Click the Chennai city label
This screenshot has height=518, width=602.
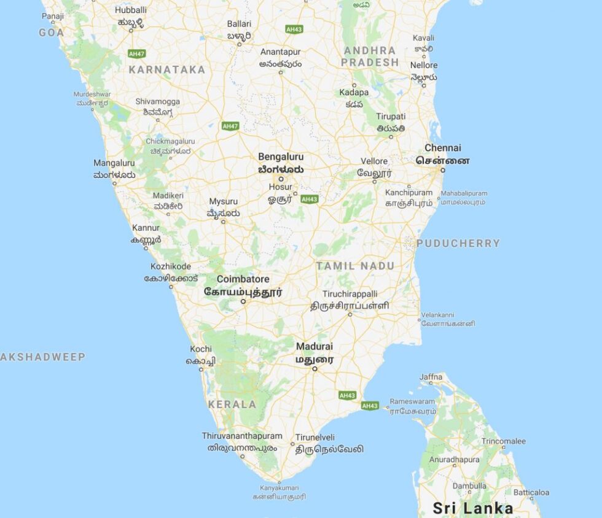pos(442,148)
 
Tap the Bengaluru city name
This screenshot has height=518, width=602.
pos(281,157)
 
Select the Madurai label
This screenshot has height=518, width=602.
pos(315,347)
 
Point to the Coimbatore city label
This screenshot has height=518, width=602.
pos(243,279)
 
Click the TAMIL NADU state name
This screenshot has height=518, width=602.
pos(355,266)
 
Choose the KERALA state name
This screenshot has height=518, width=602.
pos(232,404)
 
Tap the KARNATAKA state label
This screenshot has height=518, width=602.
pos(166,70)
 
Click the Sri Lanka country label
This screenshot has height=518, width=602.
pos(472,508)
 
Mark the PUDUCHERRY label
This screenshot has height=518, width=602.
pos(458,243)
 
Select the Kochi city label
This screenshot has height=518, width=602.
pos(201,349)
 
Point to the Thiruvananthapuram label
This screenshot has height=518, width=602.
pos(242,436)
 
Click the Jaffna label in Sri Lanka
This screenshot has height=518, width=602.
pos(431,376)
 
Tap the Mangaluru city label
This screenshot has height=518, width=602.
pos(114,163)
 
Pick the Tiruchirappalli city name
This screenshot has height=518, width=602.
pos(350,294)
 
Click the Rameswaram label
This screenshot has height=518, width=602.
pos(412,401)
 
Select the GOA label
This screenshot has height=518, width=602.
pos(52,33)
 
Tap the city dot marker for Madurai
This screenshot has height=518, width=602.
pos(315,369)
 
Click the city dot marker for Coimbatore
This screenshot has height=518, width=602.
pos(243,301)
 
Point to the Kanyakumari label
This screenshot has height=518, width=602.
pos(279,488)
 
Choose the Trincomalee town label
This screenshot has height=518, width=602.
pos(503,441)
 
